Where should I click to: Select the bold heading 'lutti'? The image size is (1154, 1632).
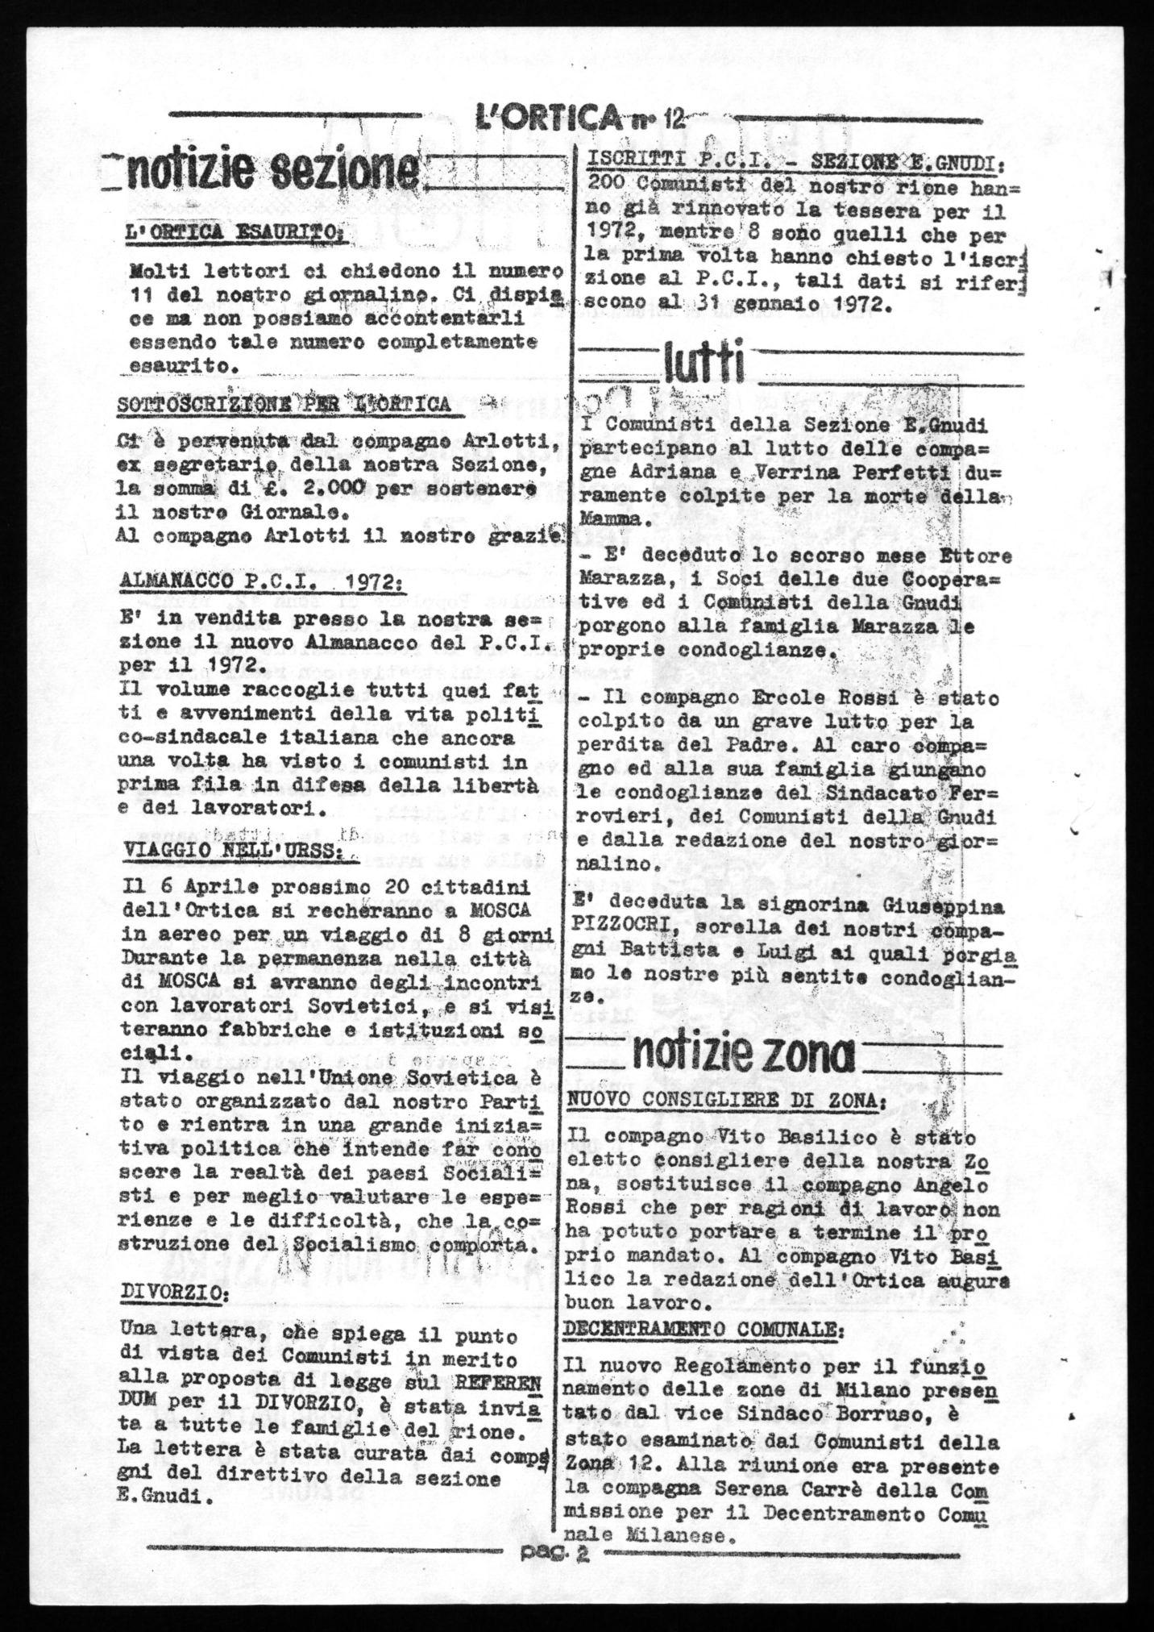pos(702,364)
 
